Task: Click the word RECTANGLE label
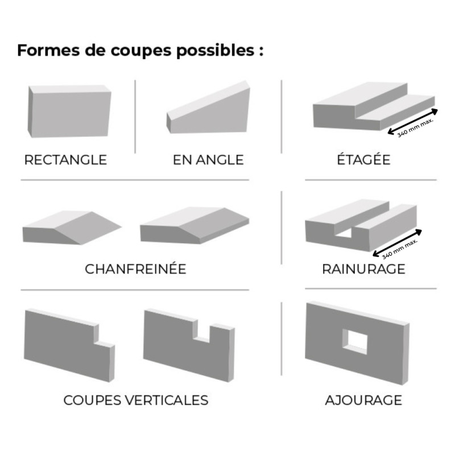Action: (x=65, y=160)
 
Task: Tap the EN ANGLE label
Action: (x=208, y=160)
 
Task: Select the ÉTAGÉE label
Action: (x=363, y=160)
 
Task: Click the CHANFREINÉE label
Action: (x=135, y=269)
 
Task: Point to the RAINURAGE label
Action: (x=363, y=269)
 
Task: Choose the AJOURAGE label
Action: (x=363, y=400)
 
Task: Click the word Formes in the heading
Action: (x=42, y=50)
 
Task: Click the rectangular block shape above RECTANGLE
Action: (x=68, y=112)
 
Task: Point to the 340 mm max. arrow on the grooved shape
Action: (x=396, y=242)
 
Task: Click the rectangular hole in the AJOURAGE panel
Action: (x=355, y=341)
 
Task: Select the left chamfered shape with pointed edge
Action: (x=71, y=229)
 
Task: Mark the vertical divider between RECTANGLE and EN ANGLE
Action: (x=135, y=116)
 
